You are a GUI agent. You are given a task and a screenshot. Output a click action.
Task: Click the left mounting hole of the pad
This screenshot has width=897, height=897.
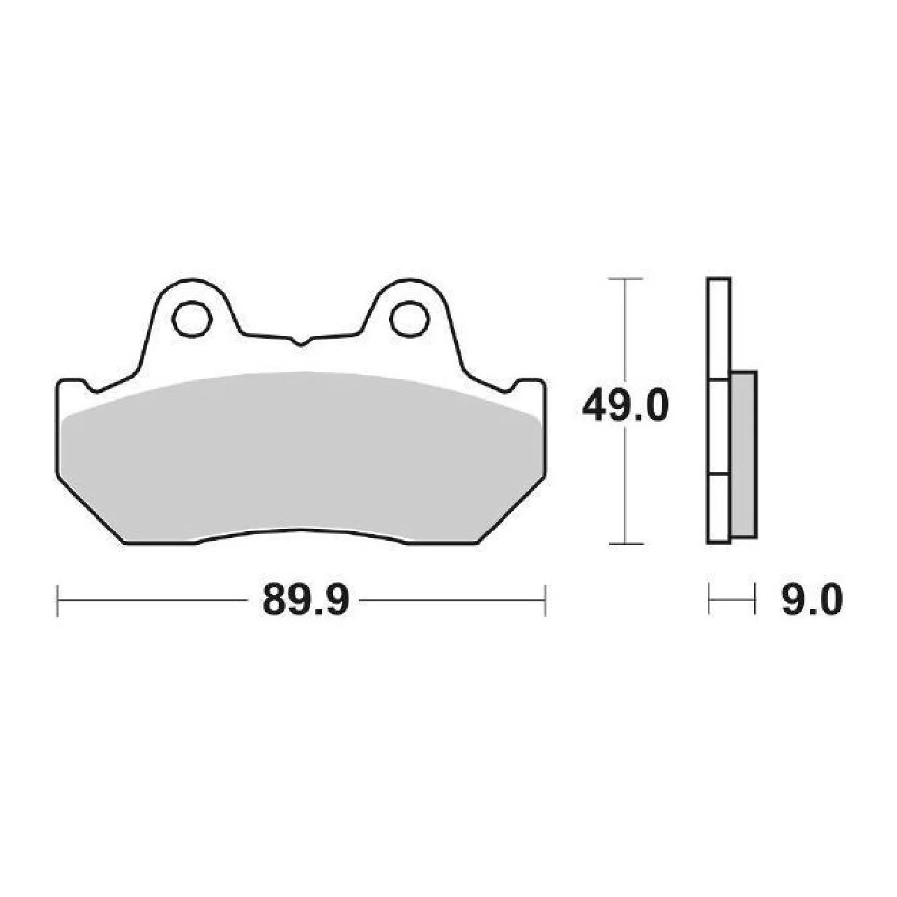(192, 319)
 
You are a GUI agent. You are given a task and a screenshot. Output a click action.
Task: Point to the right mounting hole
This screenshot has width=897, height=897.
(408, 319)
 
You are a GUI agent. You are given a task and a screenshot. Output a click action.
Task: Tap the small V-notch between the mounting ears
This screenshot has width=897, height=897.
(301, 342)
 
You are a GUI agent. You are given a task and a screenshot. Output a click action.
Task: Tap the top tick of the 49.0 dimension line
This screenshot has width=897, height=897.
(625, 278)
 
